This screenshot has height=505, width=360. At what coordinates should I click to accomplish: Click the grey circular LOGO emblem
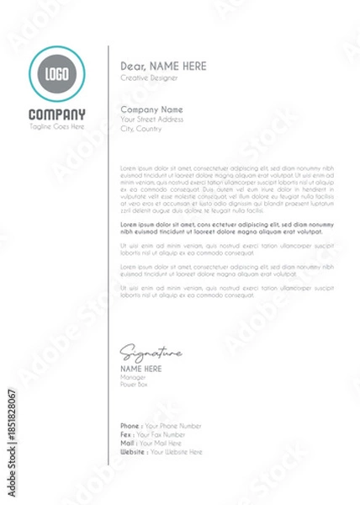[x=57, y=73]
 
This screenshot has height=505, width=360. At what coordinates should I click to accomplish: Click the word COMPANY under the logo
[x=57, y=114]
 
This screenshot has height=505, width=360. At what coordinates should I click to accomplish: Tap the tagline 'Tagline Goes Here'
[x=57, y=127]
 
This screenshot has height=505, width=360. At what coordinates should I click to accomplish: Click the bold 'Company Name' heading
[x=151, y=109]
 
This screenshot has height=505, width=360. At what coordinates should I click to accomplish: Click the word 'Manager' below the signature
[x=133, y=378]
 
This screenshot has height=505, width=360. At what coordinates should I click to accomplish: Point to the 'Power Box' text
[x=135, y=385]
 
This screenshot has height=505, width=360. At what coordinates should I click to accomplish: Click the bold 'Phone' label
[x=130, y=426]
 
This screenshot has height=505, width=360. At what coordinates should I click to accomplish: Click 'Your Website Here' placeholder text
[x=177, y=452]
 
